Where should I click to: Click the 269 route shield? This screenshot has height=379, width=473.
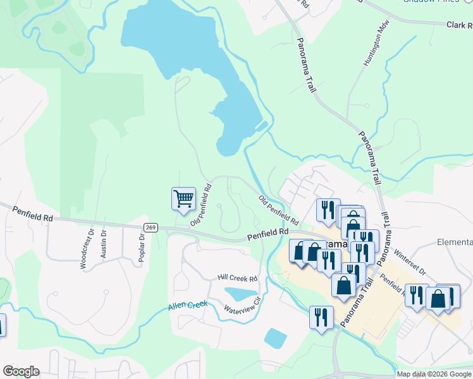(150, 227)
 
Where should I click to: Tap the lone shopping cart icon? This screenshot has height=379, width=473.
(183, 198)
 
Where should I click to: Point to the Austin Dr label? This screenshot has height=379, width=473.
(104, 244)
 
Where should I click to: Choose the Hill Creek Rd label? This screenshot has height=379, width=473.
(237, 278)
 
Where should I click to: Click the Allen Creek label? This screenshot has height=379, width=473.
(188, 306)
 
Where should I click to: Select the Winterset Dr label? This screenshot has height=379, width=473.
(410, 262)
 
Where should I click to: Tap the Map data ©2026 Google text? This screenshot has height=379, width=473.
(434, 374)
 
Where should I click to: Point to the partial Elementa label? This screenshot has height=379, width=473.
(455, 243)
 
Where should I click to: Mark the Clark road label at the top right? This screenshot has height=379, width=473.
(460, 26)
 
